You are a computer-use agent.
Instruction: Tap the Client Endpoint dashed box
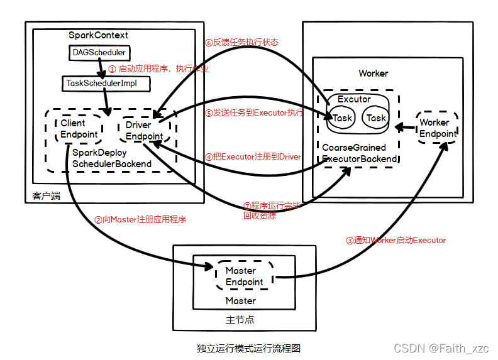coord(79,129)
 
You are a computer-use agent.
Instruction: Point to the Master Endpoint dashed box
coord(245,276)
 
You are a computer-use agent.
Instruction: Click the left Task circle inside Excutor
coord(342,117)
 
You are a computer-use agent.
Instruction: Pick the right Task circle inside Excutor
coord(375,117)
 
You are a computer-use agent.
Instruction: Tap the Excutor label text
coord(354,99)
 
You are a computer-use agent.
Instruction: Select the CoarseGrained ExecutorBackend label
coord(360,153)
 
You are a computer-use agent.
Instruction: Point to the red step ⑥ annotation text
coord(241,42)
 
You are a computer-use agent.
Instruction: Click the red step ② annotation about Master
coord(140,220)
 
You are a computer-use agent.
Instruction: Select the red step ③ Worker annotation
coord(396,240)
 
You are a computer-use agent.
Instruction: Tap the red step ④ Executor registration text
coord(253,156)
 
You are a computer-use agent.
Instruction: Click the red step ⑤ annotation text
coord(254,113)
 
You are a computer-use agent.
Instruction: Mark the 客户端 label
coord(46,196)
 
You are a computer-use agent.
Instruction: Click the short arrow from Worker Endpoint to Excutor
coord(404,128)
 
